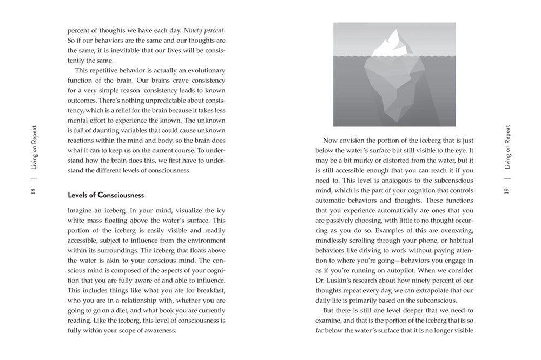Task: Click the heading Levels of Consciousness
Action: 105,195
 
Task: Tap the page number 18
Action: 32,192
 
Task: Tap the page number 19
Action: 507,191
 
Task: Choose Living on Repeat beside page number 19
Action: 507,146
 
